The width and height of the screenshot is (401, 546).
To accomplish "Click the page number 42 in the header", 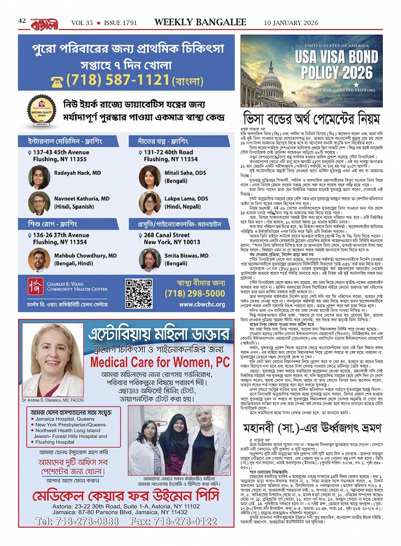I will coord(22,21).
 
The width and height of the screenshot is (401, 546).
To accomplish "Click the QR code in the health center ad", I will coord(139,293).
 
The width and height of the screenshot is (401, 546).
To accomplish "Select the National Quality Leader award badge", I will coord(42,111).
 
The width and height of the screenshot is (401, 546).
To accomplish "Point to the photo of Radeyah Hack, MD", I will coord(39,177).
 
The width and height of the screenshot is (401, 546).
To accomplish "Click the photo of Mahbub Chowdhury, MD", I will coord(39,260).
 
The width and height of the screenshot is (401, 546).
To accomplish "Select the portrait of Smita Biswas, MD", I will coord(149,260).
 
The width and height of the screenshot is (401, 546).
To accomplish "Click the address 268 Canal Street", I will coord(167,235).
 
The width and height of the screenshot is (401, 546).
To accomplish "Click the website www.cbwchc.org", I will coord(202,304).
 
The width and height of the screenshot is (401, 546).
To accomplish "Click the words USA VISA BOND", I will coord(336,57).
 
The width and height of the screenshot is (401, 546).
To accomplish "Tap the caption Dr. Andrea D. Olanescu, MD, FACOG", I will coord(53,400).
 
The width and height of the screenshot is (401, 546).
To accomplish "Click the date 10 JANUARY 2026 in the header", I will coord(291,23).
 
